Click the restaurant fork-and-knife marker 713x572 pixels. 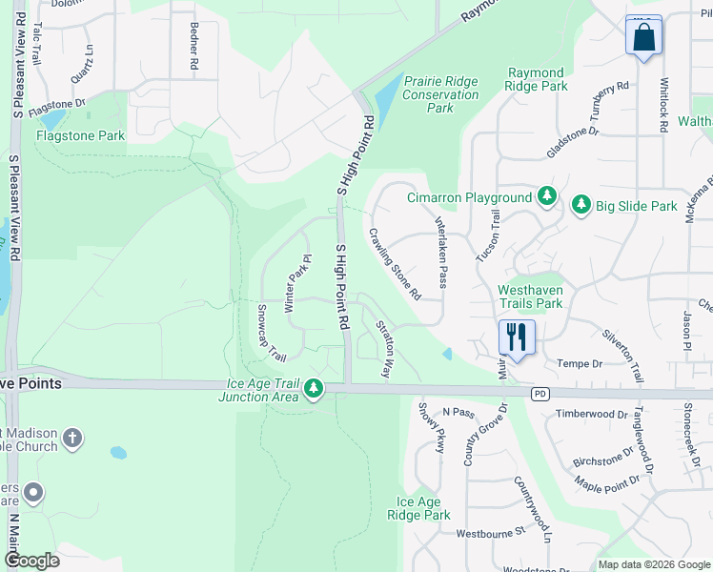(x=517, y=337)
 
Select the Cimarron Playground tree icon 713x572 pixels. (x=546, y=196)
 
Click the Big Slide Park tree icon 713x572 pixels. (x=581, y=205)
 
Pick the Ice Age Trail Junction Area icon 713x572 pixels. (x=313, y=388)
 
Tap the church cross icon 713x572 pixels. (x=71, y=439)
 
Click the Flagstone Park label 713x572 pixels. (x=81, y=135)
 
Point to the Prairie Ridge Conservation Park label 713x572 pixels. (x=440, y=94)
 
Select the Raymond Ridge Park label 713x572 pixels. (x=537, y=79)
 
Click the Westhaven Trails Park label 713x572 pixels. (x=531, y=296)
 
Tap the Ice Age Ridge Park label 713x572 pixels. (x=418, y=508)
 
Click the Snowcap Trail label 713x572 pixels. (x=271, y=334)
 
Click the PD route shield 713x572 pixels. (x=541, y=392)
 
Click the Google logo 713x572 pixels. (x=31, y=561)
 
